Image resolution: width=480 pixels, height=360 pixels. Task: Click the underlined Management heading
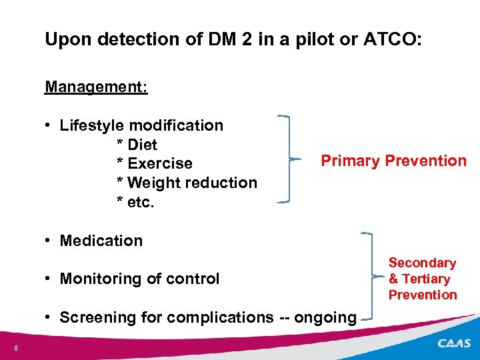coord(96,87)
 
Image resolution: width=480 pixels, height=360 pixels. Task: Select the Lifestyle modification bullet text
coord(141,125)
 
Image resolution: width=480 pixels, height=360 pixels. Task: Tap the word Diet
coord(142,145)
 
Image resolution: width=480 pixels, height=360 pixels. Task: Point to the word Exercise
coord(159,163)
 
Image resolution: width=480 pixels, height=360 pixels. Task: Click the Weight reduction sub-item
coord(191,183)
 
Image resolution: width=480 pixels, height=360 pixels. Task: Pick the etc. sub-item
coord(141,201)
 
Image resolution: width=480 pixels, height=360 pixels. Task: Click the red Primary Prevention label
coord(393,161)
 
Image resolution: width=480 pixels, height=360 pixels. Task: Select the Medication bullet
coord(101,241)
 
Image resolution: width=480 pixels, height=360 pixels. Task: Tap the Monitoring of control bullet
coord(139,279)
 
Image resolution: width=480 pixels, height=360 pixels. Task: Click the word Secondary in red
coord(422,263)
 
